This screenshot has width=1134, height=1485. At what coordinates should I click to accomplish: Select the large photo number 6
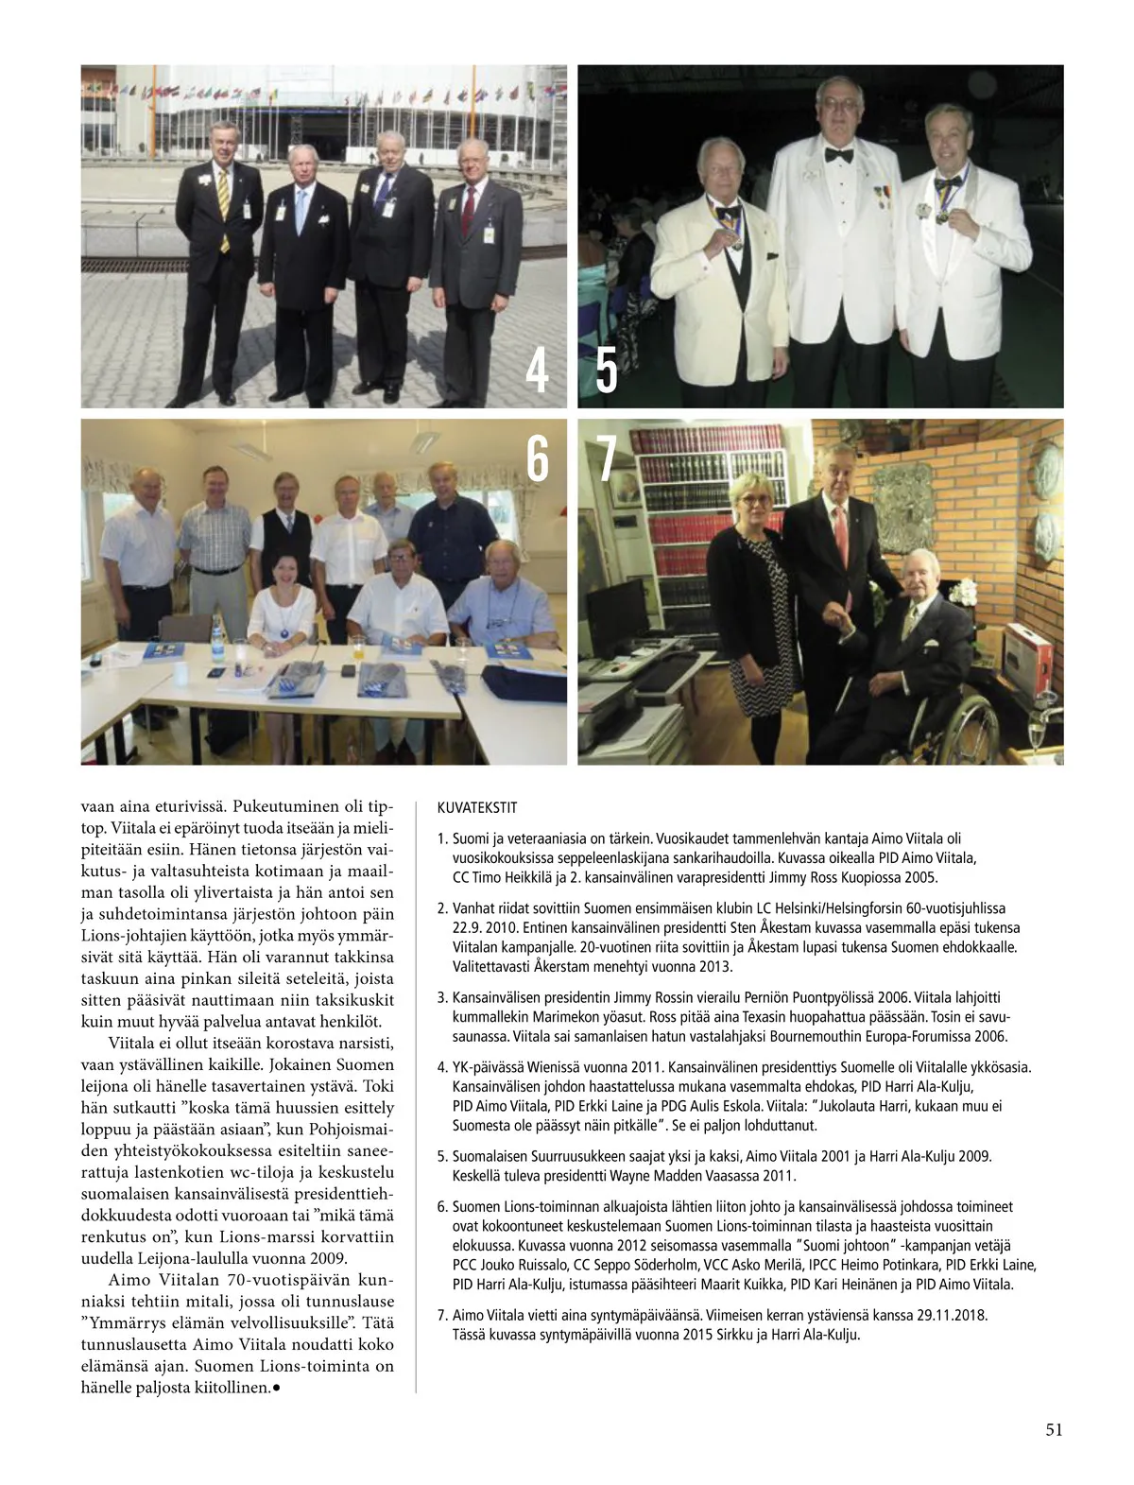pyautogui.click(x=537, y=459)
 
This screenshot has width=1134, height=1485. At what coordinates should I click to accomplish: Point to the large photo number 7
pyautogui.click(x=607, y=459)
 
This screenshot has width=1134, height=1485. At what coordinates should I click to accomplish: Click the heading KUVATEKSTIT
pyautogui.click(x=477, y=808)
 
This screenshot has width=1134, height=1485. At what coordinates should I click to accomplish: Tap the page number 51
pyautogui.click(x=1054, y=1429)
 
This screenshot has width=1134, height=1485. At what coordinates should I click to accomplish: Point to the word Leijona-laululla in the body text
pyautogui.click(x=186, y=1258)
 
